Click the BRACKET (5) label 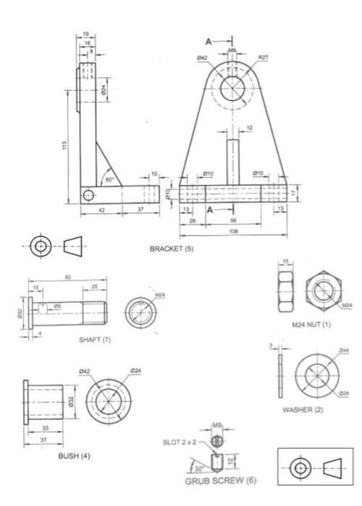pyautogui.click(x=172, y=249)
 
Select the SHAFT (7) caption pyautogui.click(x=95, y=339)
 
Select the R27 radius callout pyautogui.click(x=263, y=56)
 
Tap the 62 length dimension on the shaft pyautogui.click(x=67, y=278)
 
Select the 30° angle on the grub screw pyautogui.click(x=198, y=468)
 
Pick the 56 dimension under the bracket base pyautogui.click(x=233, y=220)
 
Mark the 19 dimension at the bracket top pyautogui.click(x=85, y=34)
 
